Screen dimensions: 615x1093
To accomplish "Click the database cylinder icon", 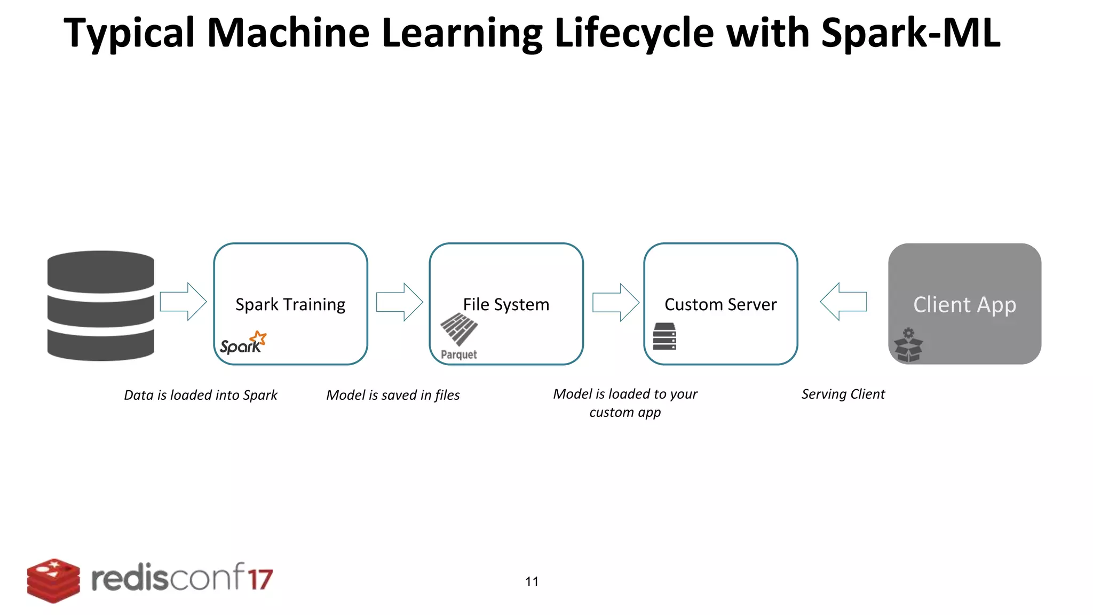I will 100,305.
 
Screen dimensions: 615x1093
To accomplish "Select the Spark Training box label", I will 290,304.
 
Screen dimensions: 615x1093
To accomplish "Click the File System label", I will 506,304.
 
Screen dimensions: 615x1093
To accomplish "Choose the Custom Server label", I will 720,304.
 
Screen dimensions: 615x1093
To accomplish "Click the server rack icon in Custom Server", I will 664,336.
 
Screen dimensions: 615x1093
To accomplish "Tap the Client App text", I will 964,305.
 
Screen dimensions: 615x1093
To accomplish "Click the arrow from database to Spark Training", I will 183,302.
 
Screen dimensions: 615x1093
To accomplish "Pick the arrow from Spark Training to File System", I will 399,302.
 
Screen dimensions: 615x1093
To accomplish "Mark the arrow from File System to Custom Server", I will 615,302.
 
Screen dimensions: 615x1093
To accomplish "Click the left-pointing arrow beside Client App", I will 843,302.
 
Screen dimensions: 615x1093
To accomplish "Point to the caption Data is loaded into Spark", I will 201,395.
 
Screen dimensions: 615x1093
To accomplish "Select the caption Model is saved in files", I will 393,395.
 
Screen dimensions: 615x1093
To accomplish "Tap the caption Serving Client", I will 843,394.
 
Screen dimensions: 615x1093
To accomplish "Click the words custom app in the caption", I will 625,412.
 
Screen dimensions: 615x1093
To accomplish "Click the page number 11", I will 532,581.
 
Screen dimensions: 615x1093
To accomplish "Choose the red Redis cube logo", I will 53,581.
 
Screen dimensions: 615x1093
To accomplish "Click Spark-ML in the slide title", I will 910,33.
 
